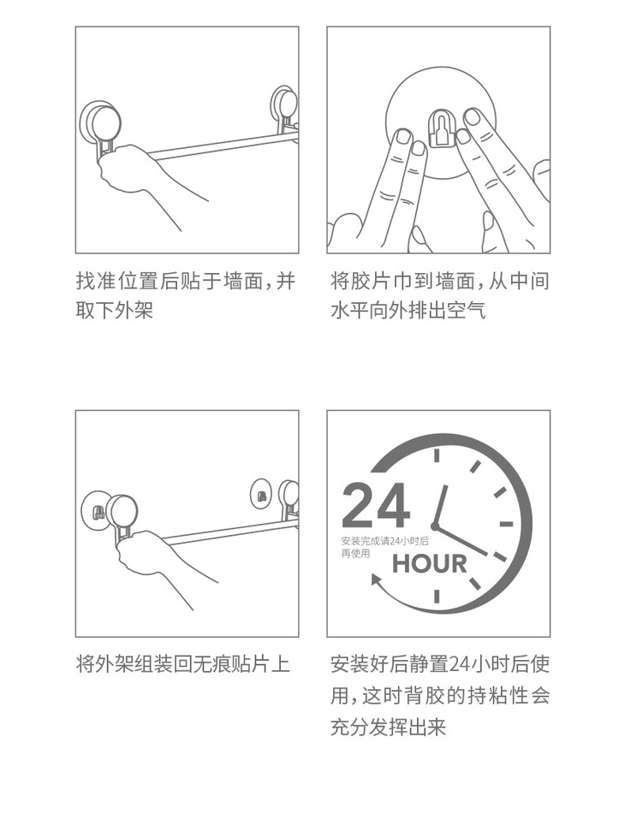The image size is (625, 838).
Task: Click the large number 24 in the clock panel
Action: (376, 505)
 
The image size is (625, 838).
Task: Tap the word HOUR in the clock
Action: (429, 564)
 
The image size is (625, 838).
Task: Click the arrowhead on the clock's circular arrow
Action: (377, 580)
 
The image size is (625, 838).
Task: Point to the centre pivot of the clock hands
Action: (435, 526)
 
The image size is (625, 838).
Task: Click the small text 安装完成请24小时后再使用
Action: (385, 547)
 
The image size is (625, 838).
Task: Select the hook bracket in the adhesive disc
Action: (441, 128)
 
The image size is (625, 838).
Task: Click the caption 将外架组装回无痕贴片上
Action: (183, 664)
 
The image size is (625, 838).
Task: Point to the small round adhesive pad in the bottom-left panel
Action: (261, 493)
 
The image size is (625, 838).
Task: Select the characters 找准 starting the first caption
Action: (96, 281)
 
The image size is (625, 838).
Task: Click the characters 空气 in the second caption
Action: (466, 310)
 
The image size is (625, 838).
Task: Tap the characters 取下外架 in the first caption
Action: (115, 310)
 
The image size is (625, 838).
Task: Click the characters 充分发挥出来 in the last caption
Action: (388, 728)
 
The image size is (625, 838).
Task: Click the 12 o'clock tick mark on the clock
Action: (437, 455)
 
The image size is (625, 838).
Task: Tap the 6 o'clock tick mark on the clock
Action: (437, 597)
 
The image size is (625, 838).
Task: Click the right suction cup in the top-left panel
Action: (284, 112)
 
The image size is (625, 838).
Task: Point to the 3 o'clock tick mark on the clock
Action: (506, 524)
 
